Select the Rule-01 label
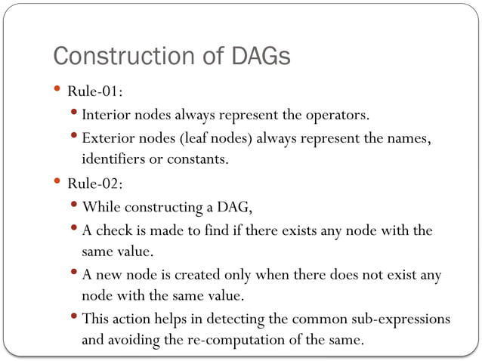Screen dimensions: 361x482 pyautogui.click(x=95, y=91)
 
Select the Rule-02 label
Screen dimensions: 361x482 pyautogui.click(x=95, y=184)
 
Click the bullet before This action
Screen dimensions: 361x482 pyautogui.click(x=75, y=316)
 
